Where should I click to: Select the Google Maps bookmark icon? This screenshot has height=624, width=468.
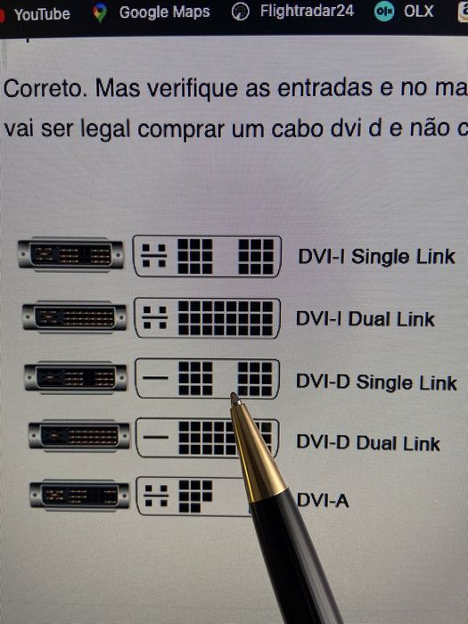(x=101, y=12)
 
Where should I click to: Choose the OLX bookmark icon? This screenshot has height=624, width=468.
(x=384, y=12)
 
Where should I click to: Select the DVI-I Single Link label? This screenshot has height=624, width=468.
(x=376, y=257)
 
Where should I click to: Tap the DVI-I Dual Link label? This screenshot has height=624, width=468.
(x=365, y=319)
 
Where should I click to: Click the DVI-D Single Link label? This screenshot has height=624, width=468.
(x=376, y=382)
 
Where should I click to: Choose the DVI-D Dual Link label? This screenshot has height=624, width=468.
(x=368, y=443)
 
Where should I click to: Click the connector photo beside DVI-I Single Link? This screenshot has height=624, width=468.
(x=70, y=255)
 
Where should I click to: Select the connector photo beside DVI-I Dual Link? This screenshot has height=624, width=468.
(x=75, y=317)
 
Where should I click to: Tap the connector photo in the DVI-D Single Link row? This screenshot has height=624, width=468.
(x=76, y=378)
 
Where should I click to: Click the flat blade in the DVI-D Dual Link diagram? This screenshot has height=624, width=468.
(x=156, y=438)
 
